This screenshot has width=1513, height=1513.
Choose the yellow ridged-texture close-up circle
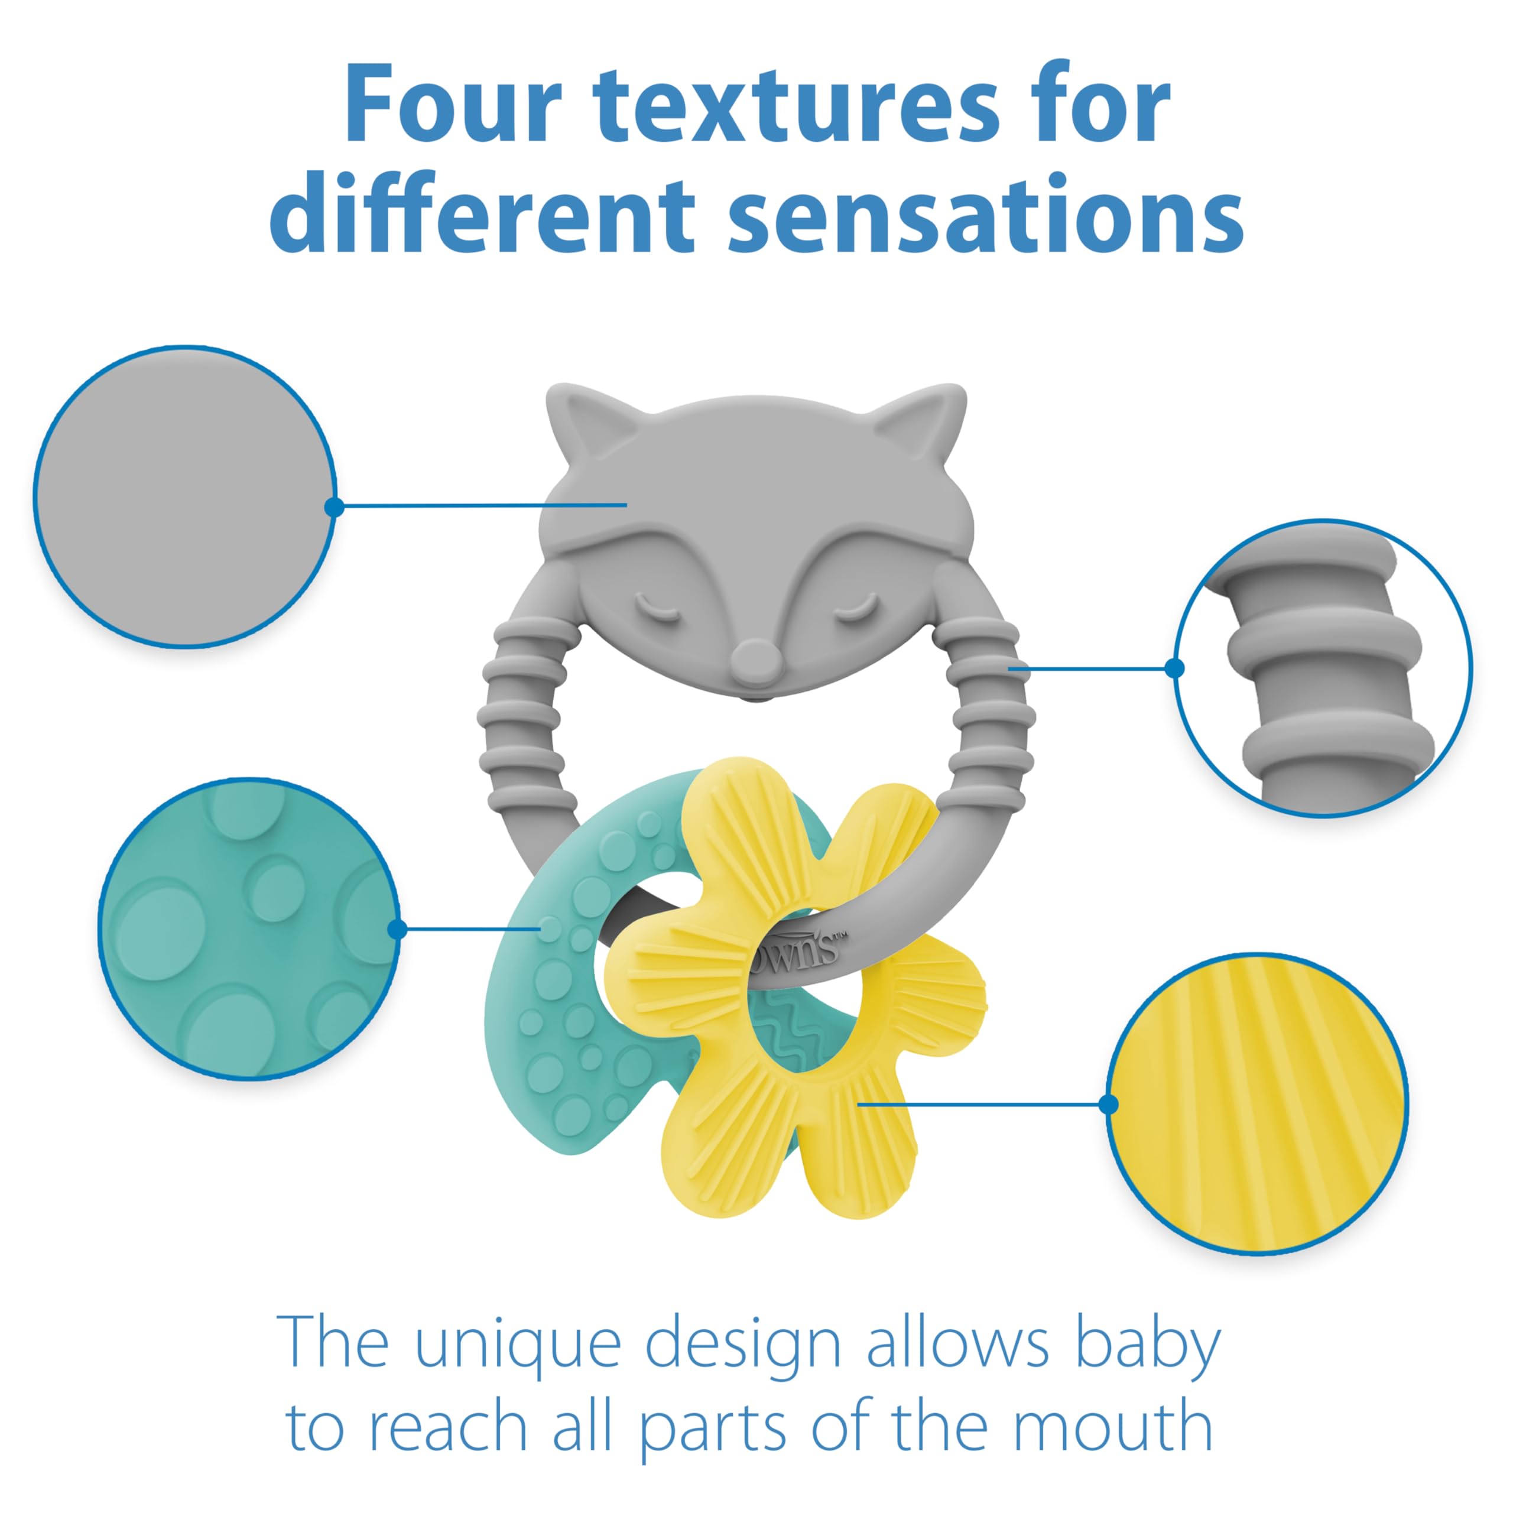(x=1257, y=1104)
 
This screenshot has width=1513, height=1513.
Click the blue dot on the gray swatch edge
(x=335, y=507)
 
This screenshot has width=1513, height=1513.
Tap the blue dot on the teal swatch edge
(x=398, y=930)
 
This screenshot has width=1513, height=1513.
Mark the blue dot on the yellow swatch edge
(x=1109, y=1104)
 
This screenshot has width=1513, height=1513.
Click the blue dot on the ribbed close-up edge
(x=1175, y=668)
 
